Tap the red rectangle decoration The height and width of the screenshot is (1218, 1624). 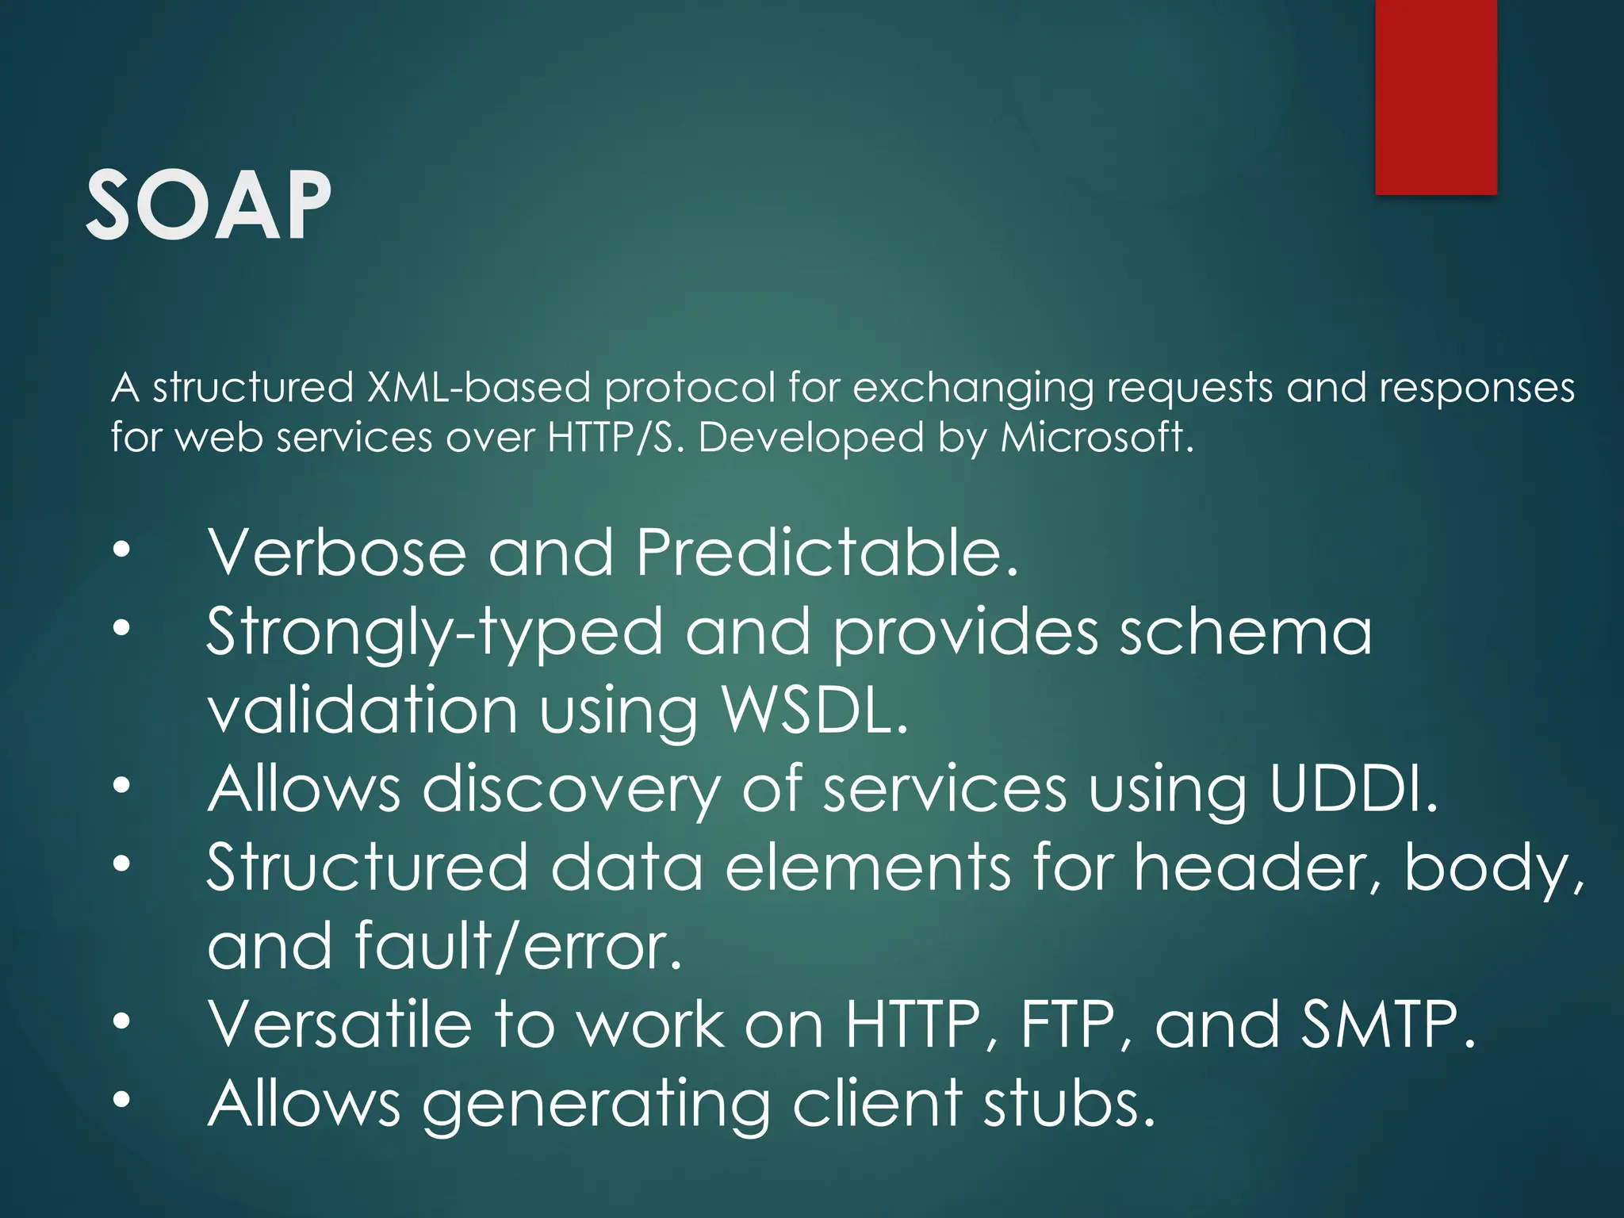[x=1435, y=97]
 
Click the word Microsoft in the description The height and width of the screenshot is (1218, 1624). [x=1097, y=437]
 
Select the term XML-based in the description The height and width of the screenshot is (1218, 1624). [x=478, y=388]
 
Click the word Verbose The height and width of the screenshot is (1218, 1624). [x=337, y=552]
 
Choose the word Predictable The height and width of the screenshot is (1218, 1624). [x=826, y=552]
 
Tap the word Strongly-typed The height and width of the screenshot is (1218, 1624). [x=435, y=633]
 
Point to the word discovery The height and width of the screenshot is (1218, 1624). [x=571, y=790]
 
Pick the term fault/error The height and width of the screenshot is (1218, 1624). [x=519, y=945]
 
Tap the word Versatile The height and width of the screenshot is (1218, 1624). [x=340, y=1024]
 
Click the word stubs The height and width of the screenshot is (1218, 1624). [x=1069, y=1102]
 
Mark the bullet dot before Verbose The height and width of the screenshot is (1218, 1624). [x=121, y=550]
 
